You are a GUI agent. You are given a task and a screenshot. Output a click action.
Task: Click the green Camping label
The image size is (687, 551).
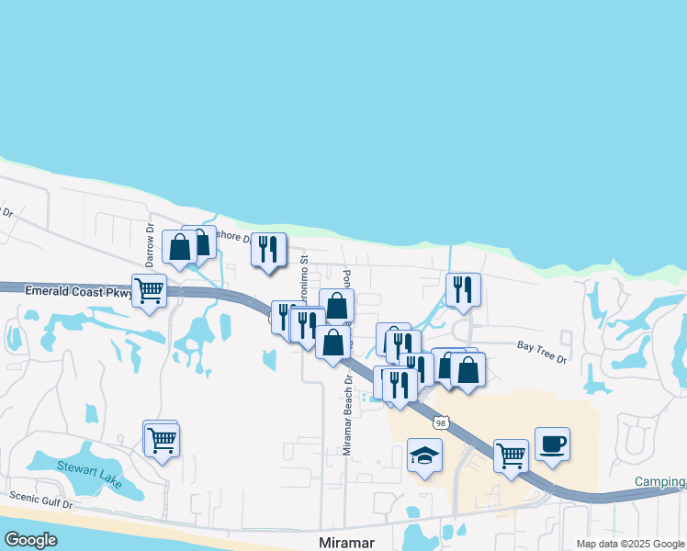pos(659,482)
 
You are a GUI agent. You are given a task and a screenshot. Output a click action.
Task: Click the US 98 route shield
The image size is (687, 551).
pos(442,422)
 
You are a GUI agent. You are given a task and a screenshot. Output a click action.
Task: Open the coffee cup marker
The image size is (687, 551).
pos(552,444)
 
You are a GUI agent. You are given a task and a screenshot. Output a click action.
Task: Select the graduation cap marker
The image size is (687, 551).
pos(423,455)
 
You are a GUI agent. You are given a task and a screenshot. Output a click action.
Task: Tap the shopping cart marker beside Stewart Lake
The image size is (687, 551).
pos(162,440)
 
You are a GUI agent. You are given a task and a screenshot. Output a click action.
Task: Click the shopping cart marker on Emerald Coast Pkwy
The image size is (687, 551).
pos(149,291)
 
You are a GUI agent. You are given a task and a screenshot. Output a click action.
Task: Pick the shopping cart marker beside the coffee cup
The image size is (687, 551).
pos(511,455)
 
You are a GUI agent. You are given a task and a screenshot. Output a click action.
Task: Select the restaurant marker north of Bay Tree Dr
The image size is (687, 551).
pos(462,289)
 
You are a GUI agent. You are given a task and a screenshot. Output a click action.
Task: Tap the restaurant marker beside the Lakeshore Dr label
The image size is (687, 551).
pos(268,249)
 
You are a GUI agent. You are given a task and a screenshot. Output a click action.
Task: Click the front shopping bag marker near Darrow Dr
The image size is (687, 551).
pos(180,246)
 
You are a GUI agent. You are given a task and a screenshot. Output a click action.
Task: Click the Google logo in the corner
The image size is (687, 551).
pos(30,540)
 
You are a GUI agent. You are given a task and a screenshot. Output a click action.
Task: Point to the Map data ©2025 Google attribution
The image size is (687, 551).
pos(630,544)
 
